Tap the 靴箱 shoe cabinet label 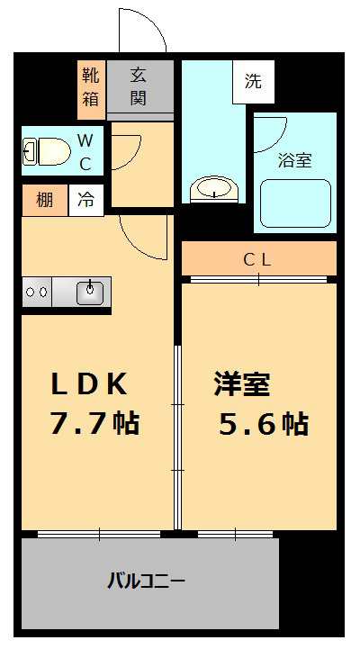[x=91, y=87]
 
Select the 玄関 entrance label [x=139, y=87]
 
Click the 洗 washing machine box [x=253, y=81]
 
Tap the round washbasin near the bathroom [x=214, y=189]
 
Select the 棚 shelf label [x=44, y=200]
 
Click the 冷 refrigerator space [x=86, y=200]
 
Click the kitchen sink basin [x=91, y=292]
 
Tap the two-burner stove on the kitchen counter [x=37, y=293]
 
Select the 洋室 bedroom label [x=242, y=384]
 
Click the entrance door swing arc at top [x=142, y=32]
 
